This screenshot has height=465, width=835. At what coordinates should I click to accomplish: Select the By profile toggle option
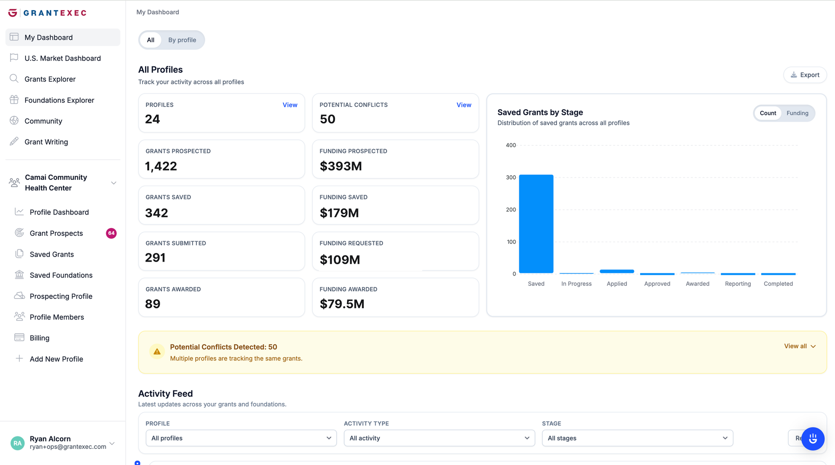(182, 40)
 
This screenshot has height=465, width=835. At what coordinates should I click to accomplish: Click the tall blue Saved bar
(536, 223)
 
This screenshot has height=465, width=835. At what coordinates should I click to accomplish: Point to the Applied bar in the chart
(617, 271)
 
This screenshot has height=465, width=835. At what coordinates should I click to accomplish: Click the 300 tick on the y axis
(511, 177)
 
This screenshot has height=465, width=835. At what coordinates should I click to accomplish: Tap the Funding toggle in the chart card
(797, 113)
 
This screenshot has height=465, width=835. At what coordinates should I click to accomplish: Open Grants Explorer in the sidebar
(50, 79)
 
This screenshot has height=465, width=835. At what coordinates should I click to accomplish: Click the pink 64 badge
(111, 233)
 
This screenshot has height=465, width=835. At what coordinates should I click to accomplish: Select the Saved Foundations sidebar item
(61, 275)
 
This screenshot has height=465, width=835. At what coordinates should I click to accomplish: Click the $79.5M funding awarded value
(342, 304)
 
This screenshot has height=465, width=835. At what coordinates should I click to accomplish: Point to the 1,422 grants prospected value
(161, 166)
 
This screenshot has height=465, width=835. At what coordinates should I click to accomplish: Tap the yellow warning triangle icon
(157, 352)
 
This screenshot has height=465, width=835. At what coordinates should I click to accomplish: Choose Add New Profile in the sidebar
(56, 359)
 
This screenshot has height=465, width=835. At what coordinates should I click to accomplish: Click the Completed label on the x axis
(778, 284)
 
